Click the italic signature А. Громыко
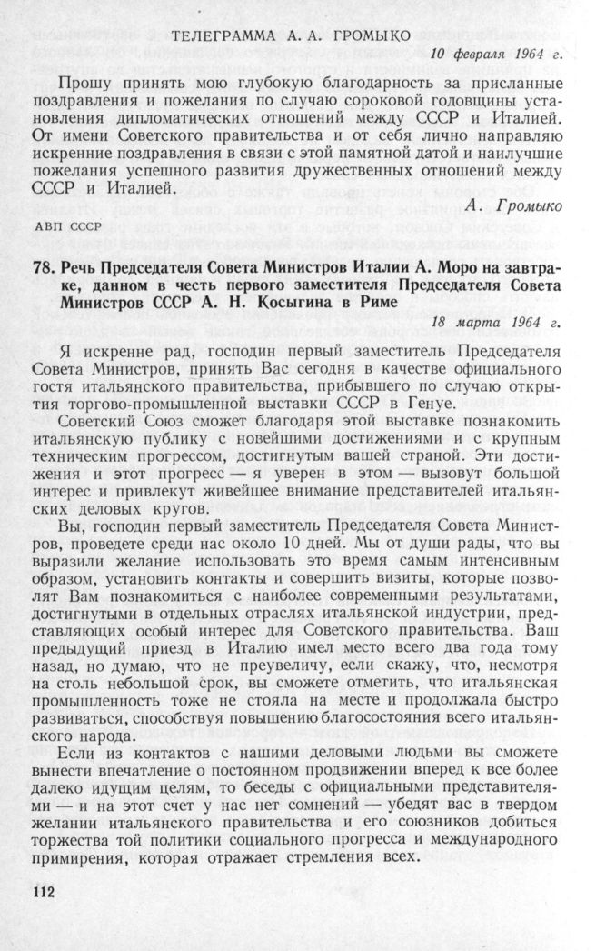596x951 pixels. click(x=512, y=207)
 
